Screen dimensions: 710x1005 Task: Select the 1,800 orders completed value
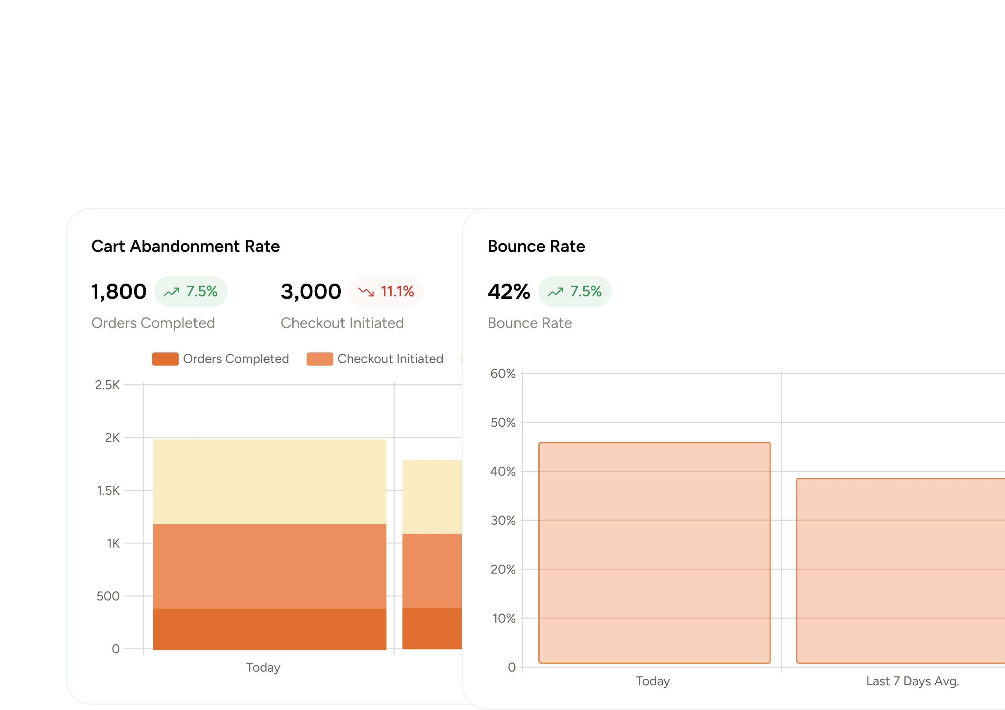(119, 292)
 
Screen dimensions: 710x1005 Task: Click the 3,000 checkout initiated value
(310, 292)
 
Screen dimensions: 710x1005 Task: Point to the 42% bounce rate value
(509, 292)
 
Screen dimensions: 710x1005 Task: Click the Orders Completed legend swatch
(165, 359)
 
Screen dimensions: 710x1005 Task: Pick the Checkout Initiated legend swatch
(320, 359)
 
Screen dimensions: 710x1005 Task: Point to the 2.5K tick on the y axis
(107, 385)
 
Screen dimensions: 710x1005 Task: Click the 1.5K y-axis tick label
(108, 491)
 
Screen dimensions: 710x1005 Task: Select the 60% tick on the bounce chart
(503, 374)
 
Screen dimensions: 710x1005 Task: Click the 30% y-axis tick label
(503, 520)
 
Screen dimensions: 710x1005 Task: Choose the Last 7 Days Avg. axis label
(913, 681)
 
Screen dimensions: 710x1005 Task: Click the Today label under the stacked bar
(263, 667)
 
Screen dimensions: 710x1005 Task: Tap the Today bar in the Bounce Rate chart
(654, 553)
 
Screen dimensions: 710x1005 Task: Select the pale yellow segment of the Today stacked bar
(270, 481)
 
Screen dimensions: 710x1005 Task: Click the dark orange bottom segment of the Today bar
(270, 629)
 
